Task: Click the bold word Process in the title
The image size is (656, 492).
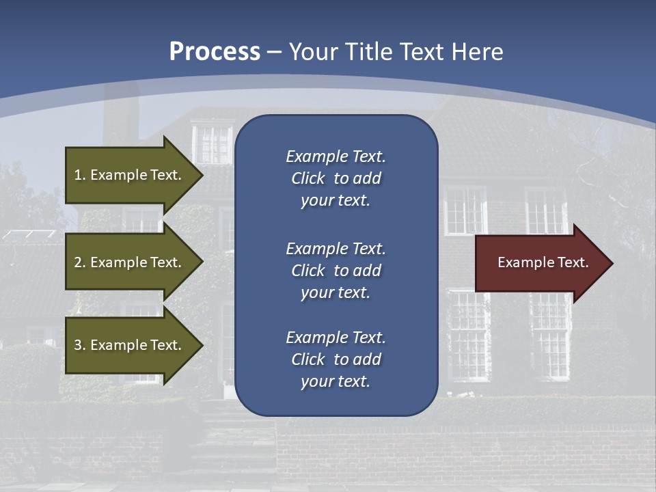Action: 215,52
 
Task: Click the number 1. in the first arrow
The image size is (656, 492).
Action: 80,175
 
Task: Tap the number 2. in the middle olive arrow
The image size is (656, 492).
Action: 80,262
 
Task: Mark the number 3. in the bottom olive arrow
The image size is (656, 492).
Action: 80,345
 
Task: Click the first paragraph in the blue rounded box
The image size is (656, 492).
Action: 336,178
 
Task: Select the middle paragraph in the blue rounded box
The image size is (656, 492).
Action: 336,270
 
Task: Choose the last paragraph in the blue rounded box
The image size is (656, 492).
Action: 336,359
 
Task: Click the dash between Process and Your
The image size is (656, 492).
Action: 274,52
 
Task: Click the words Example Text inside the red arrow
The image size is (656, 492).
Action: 543,262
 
